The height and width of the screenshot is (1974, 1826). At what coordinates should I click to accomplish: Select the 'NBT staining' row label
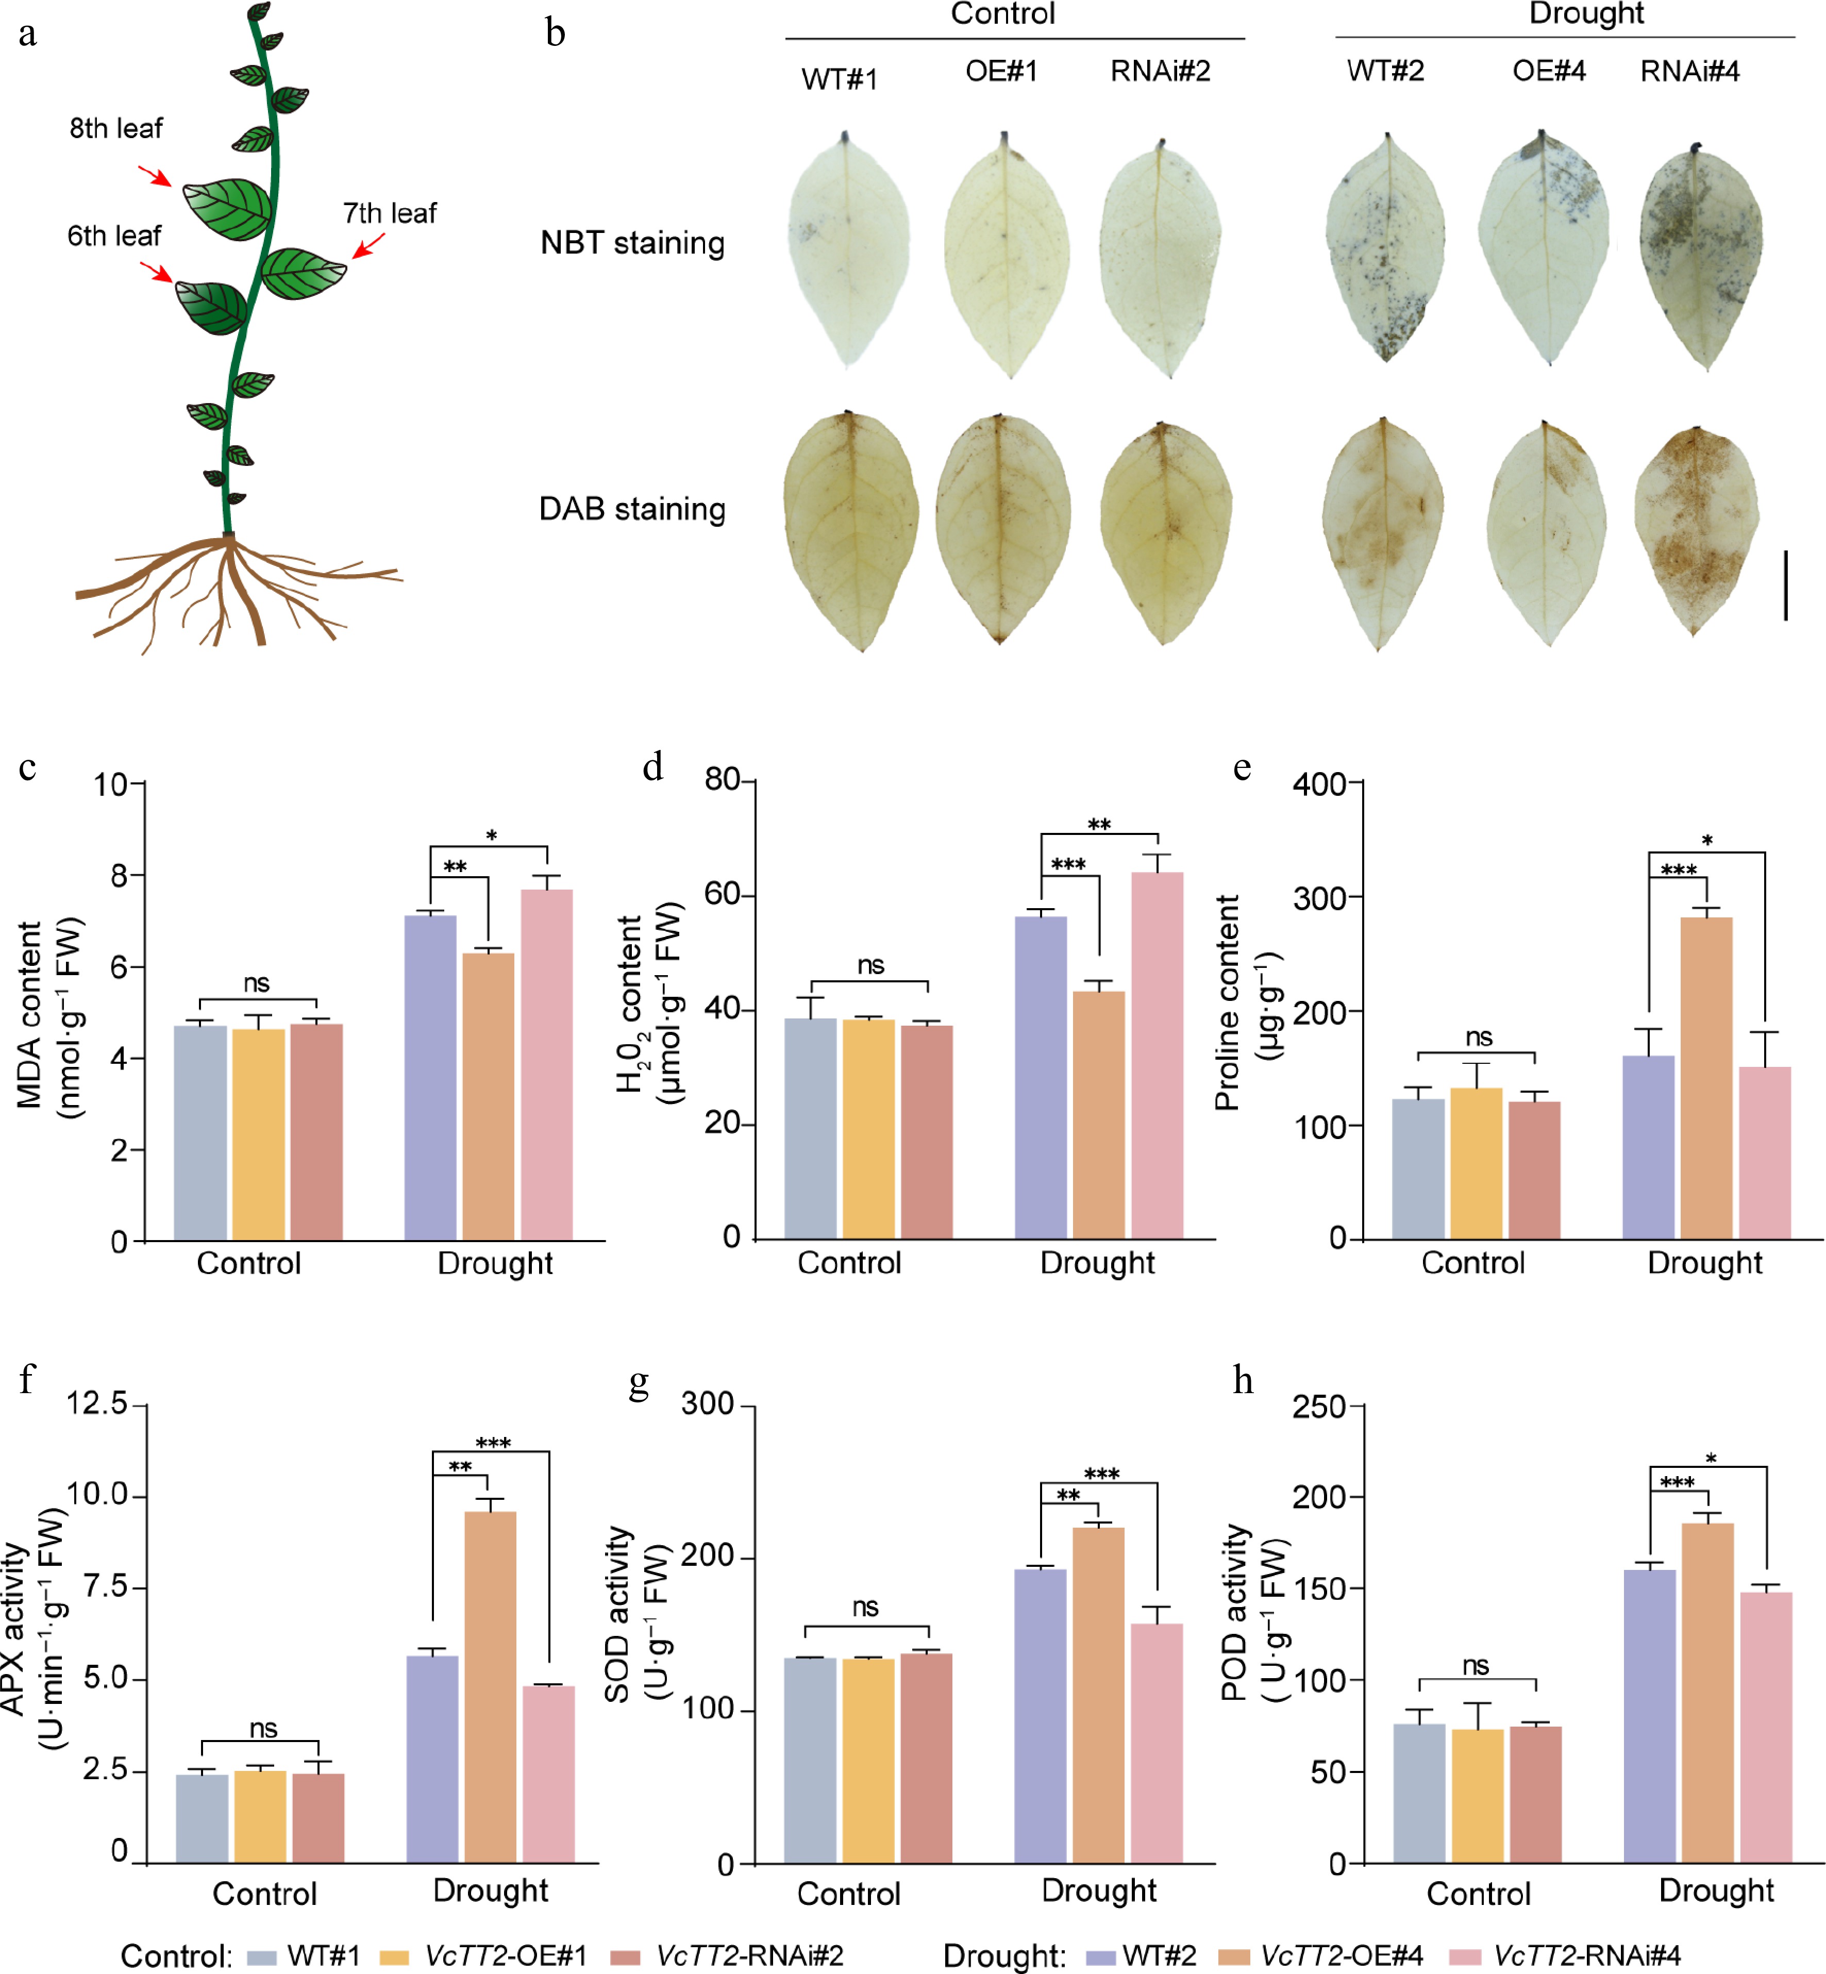point(632,243)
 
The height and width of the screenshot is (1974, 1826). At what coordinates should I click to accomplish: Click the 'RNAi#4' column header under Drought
point(1689,71)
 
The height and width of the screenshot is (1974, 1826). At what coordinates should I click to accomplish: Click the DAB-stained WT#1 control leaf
point(850,529)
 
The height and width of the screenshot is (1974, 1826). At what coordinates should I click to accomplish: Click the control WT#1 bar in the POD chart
point(1419,1793)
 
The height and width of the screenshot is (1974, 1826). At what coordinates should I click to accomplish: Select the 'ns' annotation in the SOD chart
point(865,1608)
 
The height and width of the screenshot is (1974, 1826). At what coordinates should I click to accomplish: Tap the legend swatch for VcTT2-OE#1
point(394,1956)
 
